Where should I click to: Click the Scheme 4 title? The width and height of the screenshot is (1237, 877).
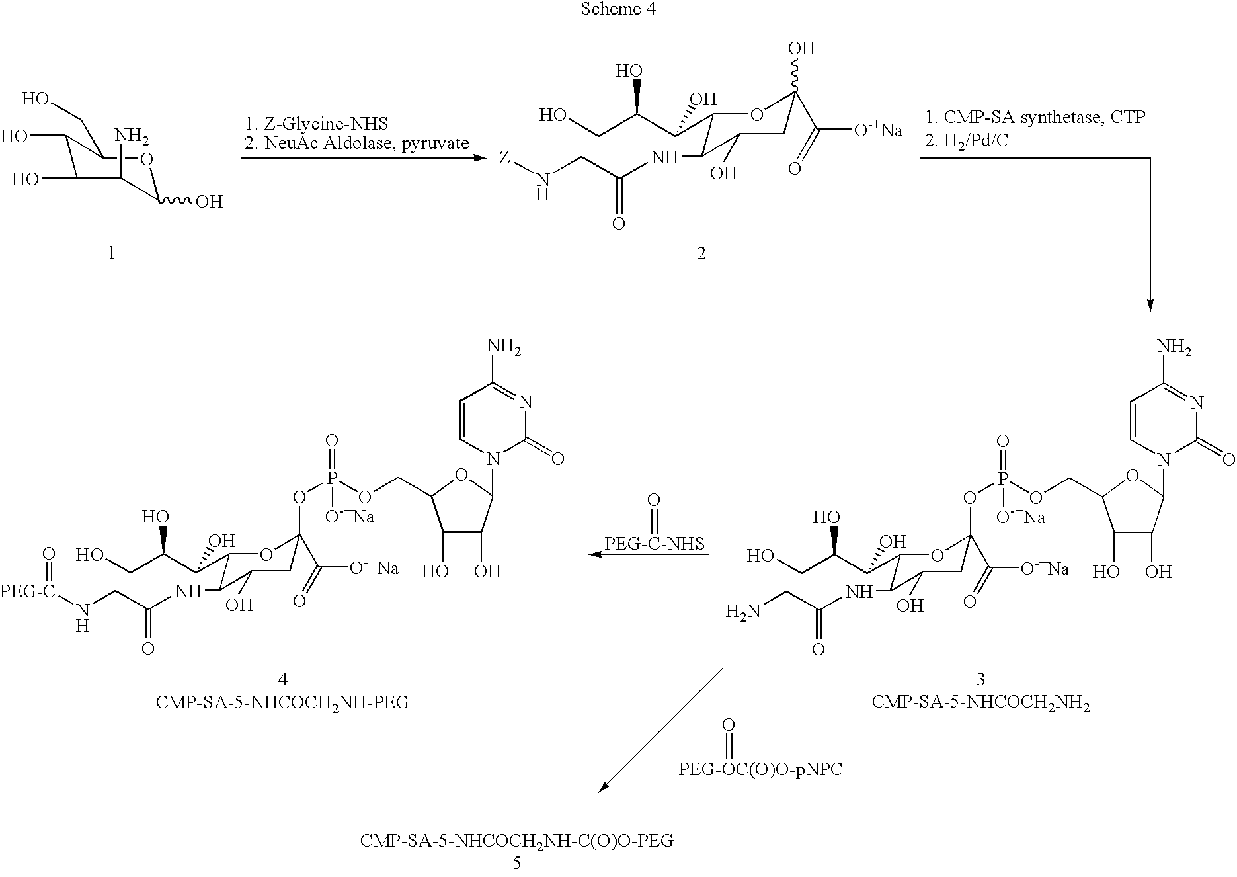(618, 9)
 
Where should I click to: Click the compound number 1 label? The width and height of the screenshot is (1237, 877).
(111, 253)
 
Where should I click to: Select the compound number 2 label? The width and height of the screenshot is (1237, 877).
(701, 253)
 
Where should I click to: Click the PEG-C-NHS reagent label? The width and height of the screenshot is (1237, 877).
(655, 544)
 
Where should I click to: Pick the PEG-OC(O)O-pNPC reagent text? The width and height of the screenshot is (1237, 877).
(760, 769)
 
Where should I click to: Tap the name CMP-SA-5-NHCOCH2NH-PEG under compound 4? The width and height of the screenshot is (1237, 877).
(282, 702)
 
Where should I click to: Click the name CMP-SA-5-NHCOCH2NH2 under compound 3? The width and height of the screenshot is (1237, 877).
(980, 702)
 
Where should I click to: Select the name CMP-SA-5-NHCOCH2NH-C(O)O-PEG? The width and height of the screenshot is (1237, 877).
(516, 841)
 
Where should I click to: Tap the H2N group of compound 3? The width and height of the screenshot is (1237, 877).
(742, 612)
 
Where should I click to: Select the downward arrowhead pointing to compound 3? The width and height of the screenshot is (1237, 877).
(1150, 304)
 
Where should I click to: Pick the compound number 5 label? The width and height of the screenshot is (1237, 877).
(516, 863)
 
